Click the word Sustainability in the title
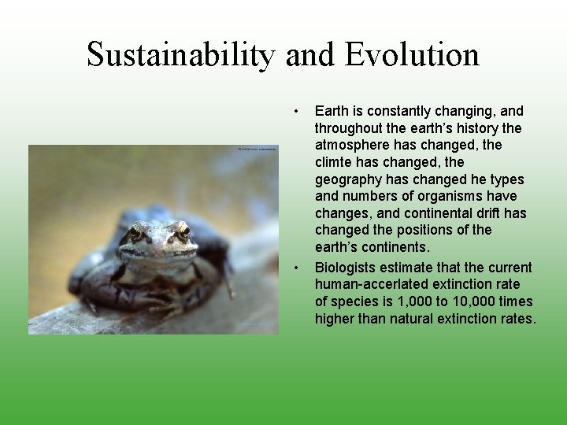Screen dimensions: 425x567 (x=181, y=55)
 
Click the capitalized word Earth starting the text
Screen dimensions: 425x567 (x=331, y=111)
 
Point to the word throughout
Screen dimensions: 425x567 (x=347, y=128)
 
